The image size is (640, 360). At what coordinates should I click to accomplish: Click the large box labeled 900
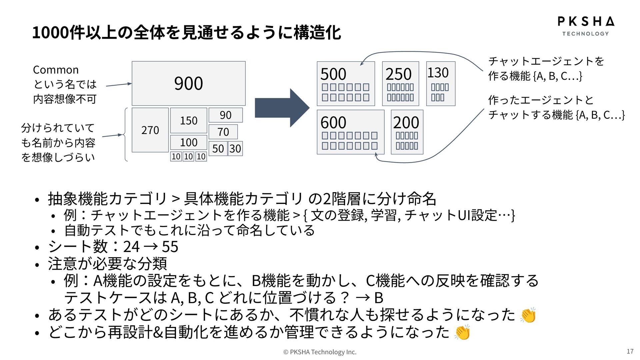188,83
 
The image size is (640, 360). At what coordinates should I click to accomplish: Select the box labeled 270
150,130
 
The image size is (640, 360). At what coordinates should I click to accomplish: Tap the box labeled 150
189,120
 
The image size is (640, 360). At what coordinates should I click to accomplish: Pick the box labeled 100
189,142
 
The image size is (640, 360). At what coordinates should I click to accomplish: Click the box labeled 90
226,115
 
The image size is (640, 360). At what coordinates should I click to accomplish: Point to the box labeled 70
223,132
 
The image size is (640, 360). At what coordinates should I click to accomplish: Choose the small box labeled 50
218,149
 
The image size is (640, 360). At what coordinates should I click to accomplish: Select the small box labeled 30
235,149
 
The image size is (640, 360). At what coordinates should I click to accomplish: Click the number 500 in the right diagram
333,74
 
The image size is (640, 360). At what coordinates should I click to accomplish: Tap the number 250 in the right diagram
398,74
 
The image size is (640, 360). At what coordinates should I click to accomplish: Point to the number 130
438,73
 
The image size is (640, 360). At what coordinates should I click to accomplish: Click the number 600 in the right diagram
333,122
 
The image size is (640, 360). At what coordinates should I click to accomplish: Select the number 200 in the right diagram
406,122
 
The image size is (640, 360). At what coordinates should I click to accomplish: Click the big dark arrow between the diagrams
282,108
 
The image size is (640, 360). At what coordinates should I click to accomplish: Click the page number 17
630,351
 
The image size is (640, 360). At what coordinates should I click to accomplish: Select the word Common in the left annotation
56,70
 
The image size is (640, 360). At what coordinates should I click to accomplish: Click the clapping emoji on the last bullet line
462,332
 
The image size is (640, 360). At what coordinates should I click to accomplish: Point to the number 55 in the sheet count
170,247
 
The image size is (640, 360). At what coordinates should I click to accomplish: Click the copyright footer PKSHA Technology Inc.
320,352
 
